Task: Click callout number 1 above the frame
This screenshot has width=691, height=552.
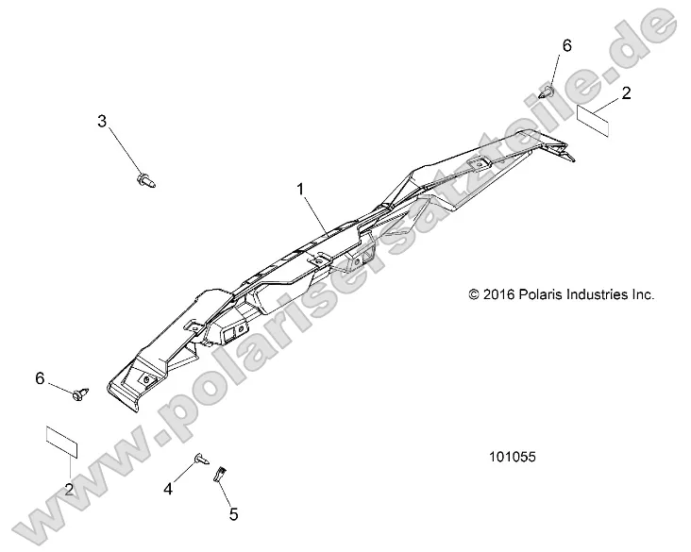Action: pyautogui.click(x=301, y=190)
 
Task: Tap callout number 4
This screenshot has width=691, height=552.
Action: pyautogui.click(x=169, y=488)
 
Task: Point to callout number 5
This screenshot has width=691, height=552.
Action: pyautogui.click(x=233, y=514)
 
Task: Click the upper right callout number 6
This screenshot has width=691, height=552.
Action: pyautogui.click(x=566, y=45)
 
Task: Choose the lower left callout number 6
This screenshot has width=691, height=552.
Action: pyautogui.click(x=41, y=378)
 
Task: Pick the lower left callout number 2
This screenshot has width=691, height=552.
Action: pyautogui.click(x=70, y=489)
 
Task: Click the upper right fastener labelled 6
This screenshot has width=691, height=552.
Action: pyautogui.click(x=548, y=91)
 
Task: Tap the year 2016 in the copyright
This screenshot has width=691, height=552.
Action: pyautogui.click(x=499, y=294)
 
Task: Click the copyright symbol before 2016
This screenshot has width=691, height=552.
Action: pyautogui.click(x=474, y=294)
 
